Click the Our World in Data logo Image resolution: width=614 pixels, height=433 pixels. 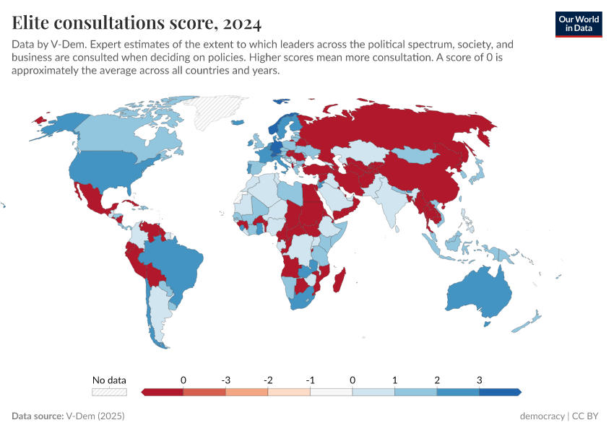579,23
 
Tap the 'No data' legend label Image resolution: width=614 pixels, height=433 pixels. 109,380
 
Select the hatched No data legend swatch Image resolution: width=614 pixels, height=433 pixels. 109,392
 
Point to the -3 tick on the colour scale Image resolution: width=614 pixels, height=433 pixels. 225,380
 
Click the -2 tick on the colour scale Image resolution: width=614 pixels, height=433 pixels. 268,380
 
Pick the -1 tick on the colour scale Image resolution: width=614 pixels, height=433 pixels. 310,380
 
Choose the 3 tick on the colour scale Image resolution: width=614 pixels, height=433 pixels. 479,380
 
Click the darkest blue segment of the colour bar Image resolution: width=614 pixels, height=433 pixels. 499,392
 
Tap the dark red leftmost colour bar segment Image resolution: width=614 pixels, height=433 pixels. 163,392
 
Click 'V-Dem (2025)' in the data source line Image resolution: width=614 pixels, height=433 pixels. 95,416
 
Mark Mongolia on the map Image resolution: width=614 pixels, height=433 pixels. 419,155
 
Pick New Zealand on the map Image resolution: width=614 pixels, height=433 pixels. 531,320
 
